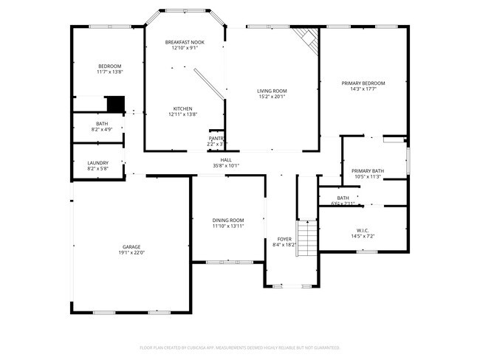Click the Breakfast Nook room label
click(x=185, y=42)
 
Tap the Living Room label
click(x=272, y=90)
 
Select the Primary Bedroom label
click(x=363, y=83)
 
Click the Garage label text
click(x=131, y=246)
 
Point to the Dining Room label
click(x=227, y=219)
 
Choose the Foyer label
click(x=284, y=239)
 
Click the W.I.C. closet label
click(x=362, y=230)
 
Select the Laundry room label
click(x=97, y=163)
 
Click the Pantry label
click(x=216, y=138)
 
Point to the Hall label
click(x=226, y=159)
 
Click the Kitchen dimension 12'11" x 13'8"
click(x=182, y=114)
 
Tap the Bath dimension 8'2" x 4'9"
click(x=102, y=130)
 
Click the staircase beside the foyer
click(x=306, y=238)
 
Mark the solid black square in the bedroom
click(x=115, y=103)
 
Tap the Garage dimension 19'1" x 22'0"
click(x=131, y=253)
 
